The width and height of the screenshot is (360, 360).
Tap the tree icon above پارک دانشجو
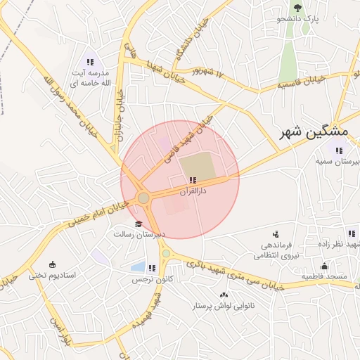tap(297, 8)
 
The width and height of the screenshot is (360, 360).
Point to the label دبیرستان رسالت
tap(140, 234)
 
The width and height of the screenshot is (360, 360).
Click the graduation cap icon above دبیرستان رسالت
tap(138, 224)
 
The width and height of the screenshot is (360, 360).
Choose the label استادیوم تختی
tap(52, 276)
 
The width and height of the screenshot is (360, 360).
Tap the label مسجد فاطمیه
tap(325, 276)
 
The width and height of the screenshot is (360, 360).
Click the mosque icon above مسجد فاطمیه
tap(324, 266)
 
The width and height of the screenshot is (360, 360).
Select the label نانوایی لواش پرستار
tap(224, 306)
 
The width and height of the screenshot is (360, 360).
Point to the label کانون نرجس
tap(149, 279)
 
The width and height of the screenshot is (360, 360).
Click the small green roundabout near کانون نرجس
tap(166, 253)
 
